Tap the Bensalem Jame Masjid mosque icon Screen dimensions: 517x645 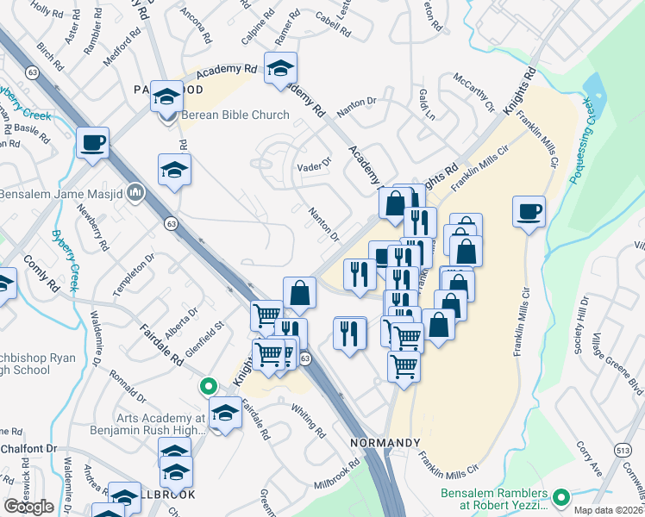point(135,192)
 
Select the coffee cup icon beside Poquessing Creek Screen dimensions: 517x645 point(529,211)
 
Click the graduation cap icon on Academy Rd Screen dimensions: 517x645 point(280,68)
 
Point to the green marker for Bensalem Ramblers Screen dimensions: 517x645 point(561,496)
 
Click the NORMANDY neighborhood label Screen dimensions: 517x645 point(385,442)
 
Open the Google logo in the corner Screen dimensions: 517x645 point(29,507)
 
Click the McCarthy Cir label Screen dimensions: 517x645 point(473,94)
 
